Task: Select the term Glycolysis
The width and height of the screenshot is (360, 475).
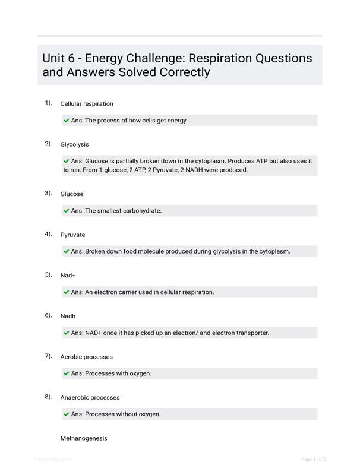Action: [74, 144]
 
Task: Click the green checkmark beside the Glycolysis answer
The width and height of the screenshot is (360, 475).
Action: [67, 161]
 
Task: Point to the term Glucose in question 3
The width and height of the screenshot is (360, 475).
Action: [72, 194]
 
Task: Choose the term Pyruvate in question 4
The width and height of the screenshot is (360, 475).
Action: [72, 235]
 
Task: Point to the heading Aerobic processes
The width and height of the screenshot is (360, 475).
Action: [86, 357]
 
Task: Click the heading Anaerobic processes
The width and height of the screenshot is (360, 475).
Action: [90, 398]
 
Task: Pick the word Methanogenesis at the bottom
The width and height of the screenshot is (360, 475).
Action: [84, 438]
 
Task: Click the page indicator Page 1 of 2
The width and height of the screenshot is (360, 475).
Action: [313, 459]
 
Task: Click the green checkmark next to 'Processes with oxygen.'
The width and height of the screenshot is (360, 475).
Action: [67, 373]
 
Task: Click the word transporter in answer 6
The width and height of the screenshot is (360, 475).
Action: [250, 333]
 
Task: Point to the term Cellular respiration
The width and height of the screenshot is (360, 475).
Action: [87, 104]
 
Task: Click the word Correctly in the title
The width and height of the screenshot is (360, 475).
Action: [184, 72]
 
